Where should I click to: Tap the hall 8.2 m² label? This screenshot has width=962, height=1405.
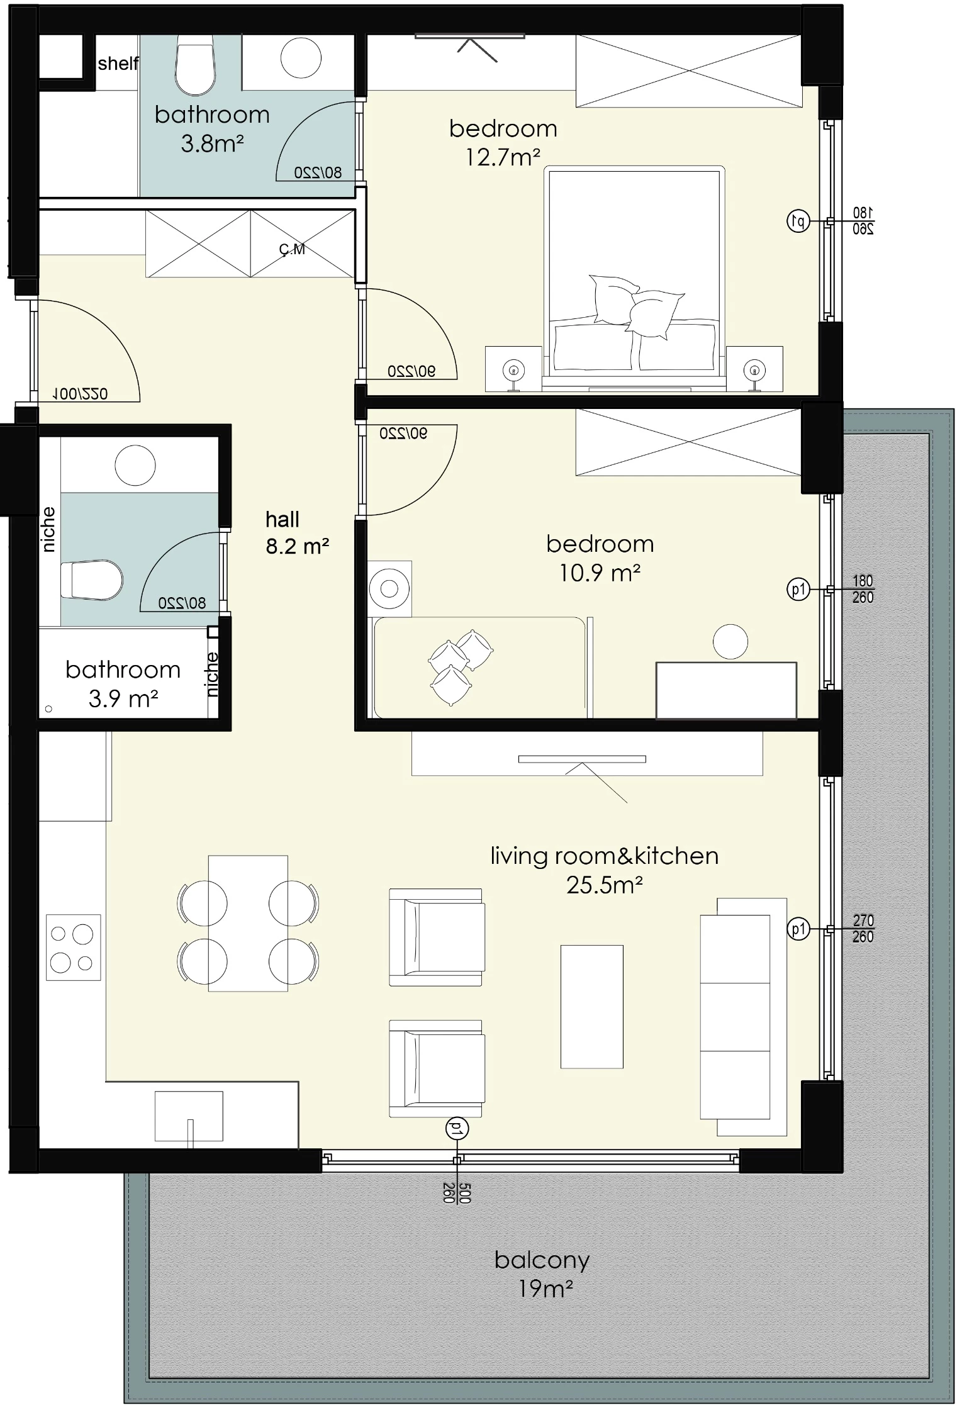point(297,532)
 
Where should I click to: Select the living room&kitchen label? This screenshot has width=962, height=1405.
point(604,856)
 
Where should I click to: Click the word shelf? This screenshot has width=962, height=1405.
point(118,63)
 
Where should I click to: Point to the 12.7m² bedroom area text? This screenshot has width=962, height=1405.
point(503,157)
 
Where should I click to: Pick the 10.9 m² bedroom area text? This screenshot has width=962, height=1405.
point(600,573)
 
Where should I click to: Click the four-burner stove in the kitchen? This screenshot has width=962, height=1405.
point(73,947)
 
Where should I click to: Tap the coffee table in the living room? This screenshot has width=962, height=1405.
point(591,1006)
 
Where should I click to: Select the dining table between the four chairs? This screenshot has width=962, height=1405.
point(248,923)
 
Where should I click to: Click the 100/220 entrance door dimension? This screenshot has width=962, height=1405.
point(80,394)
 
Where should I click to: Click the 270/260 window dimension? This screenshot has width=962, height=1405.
point(863,929)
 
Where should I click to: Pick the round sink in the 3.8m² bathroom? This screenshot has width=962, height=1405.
point(301,57)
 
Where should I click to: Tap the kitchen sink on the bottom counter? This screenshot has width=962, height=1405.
point(189,1116)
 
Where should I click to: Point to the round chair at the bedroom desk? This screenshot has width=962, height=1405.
point(730,642)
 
